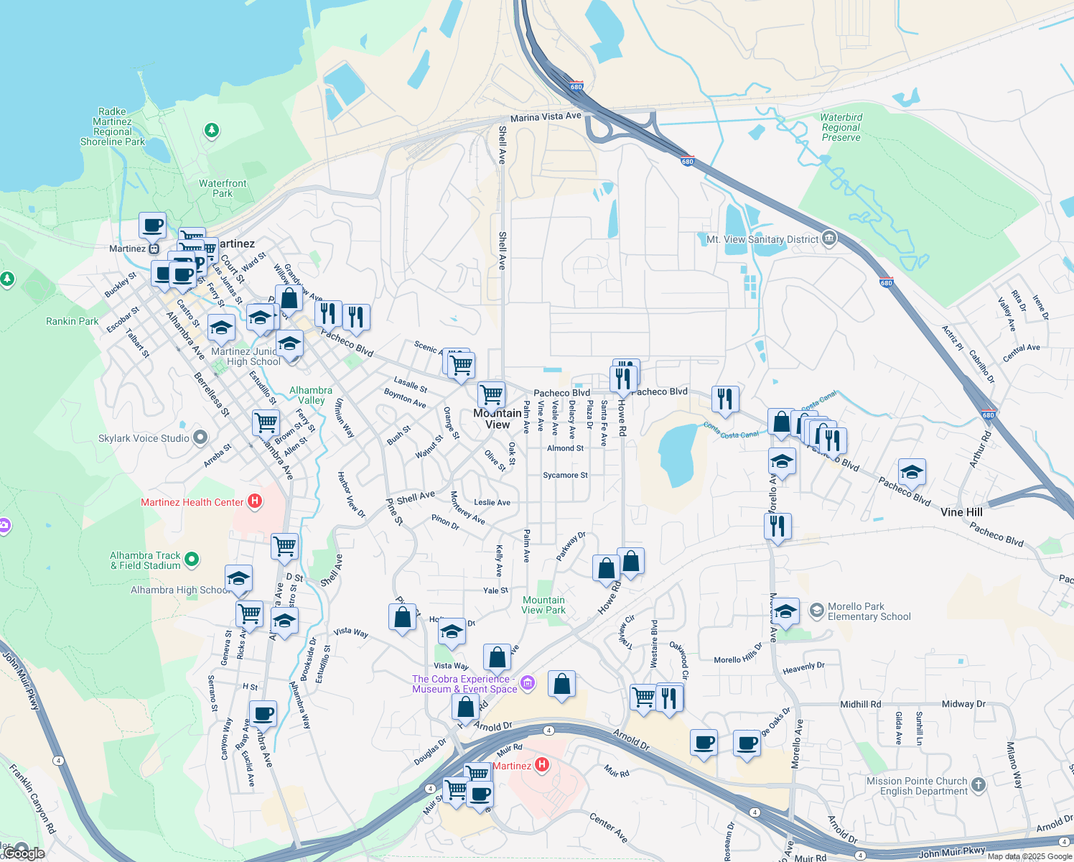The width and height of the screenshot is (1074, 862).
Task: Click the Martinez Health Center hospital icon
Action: point(255,501)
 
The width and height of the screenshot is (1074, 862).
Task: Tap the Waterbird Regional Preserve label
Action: point(841,127)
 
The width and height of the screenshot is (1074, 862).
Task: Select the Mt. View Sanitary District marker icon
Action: point(829,238)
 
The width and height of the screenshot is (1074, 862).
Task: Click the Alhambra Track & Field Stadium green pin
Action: point(191,559)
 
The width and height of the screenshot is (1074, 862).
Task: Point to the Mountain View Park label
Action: point(543,605)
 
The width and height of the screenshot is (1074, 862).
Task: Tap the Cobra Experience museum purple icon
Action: point(528,682)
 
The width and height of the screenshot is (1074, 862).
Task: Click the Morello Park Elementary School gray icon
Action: point(816,611)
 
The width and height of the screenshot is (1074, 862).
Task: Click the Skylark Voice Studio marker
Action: point(200,437)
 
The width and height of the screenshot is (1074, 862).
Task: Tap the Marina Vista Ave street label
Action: point(546,116)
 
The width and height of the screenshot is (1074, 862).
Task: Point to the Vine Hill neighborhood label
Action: point(961,512)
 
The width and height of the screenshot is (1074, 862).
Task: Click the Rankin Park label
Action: point(72,321)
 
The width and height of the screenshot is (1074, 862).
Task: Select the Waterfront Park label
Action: point(223,188)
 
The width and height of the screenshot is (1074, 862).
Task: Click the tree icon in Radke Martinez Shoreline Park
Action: point(211,130)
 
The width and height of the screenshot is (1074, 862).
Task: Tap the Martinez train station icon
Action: point(154,249)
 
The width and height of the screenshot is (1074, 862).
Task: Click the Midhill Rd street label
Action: point(860,704)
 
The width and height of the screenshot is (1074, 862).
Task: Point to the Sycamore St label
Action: point(565,475)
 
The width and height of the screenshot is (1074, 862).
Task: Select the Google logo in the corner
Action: point(24,853)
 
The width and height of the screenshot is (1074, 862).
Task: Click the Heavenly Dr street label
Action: point(803,667)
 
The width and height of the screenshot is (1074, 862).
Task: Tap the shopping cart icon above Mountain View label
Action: point(491,394)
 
